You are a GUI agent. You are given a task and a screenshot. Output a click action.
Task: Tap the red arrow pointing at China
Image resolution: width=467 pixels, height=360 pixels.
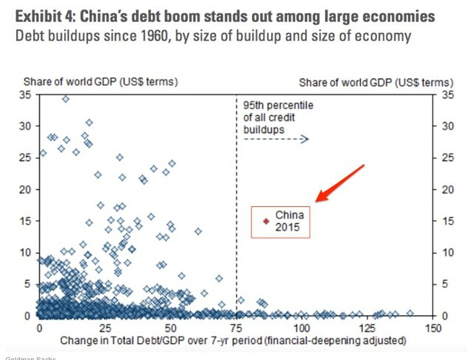click(340, 183)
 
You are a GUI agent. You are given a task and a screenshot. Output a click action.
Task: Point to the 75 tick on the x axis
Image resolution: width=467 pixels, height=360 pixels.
click(236, 327)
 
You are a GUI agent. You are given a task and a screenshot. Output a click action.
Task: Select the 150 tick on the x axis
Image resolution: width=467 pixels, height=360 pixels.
click(434, 327)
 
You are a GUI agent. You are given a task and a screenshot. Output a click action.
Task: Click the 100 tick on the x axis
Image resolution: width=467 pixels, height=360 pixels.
click(302, 327)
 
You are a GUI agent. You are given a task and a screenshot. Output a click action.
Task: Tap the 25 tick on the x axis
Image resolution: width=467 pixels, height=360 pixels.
click(105, 327)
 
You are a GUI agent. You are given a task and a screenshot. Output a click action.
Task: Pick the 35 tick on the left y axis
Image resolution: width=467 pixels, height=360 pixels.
click(28, 95)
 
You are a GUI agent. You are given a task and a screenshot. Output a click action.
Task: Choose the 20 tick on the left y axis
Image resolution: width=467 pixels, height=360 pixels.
click(28, 189)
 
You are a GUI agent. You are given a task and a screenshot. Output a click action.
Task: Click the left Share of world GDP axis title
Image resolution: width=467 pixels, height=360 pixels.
click(101, 81)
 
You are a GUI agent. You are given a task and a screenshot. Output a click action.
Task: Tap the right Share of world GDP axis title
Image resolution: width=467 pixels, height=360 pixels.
click(376, 81)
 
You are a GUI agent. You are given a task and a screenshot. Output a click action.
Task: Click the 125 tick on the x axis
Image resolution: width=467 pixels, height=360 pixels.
click(368, 327)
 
